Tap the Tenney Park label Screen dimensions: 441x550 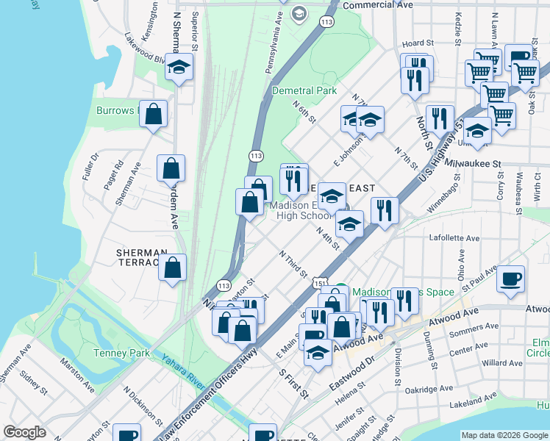[x=121, y=353]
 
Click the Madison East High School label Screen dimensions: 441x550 [x=304, y=210]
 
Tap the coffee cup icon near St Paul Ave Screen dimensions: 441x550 [x=510, y=279]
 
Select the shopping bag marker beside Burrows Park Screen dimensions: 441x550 [x=153, y=115]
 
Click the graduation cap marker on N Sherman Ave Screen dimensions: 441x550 [x=179, y=68]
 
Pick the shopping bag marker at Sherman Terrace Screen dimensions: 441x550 [x=172, y=268]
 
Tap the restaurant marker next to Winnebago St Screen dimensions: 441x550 [x=385, y=211]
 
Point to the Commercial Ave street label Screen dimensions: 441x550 [x=378, y=4]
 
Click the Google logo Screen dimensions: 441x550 [x=24, y=432]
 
